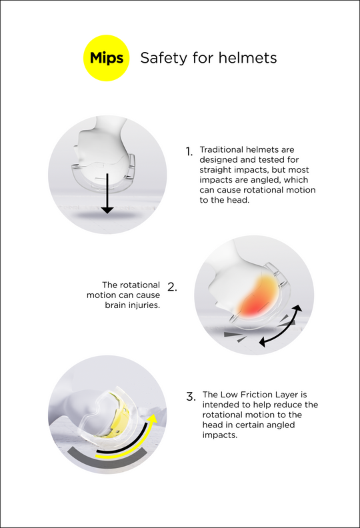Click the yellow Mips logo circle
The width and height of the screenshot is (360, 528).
(107, 58)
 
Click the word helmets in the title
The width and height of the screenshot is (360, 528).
(248, 57)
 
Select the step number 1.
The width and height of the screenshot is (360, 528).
(189, 152)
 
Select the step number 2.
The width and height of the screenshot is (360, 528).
(172, 287)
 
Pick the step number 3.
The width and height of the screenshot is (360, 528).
(191, 397)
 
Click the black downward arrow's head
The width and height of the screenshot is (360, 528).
(107, 210)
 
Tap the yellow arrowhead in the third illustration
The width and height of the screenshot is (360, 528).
(153, 419)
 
